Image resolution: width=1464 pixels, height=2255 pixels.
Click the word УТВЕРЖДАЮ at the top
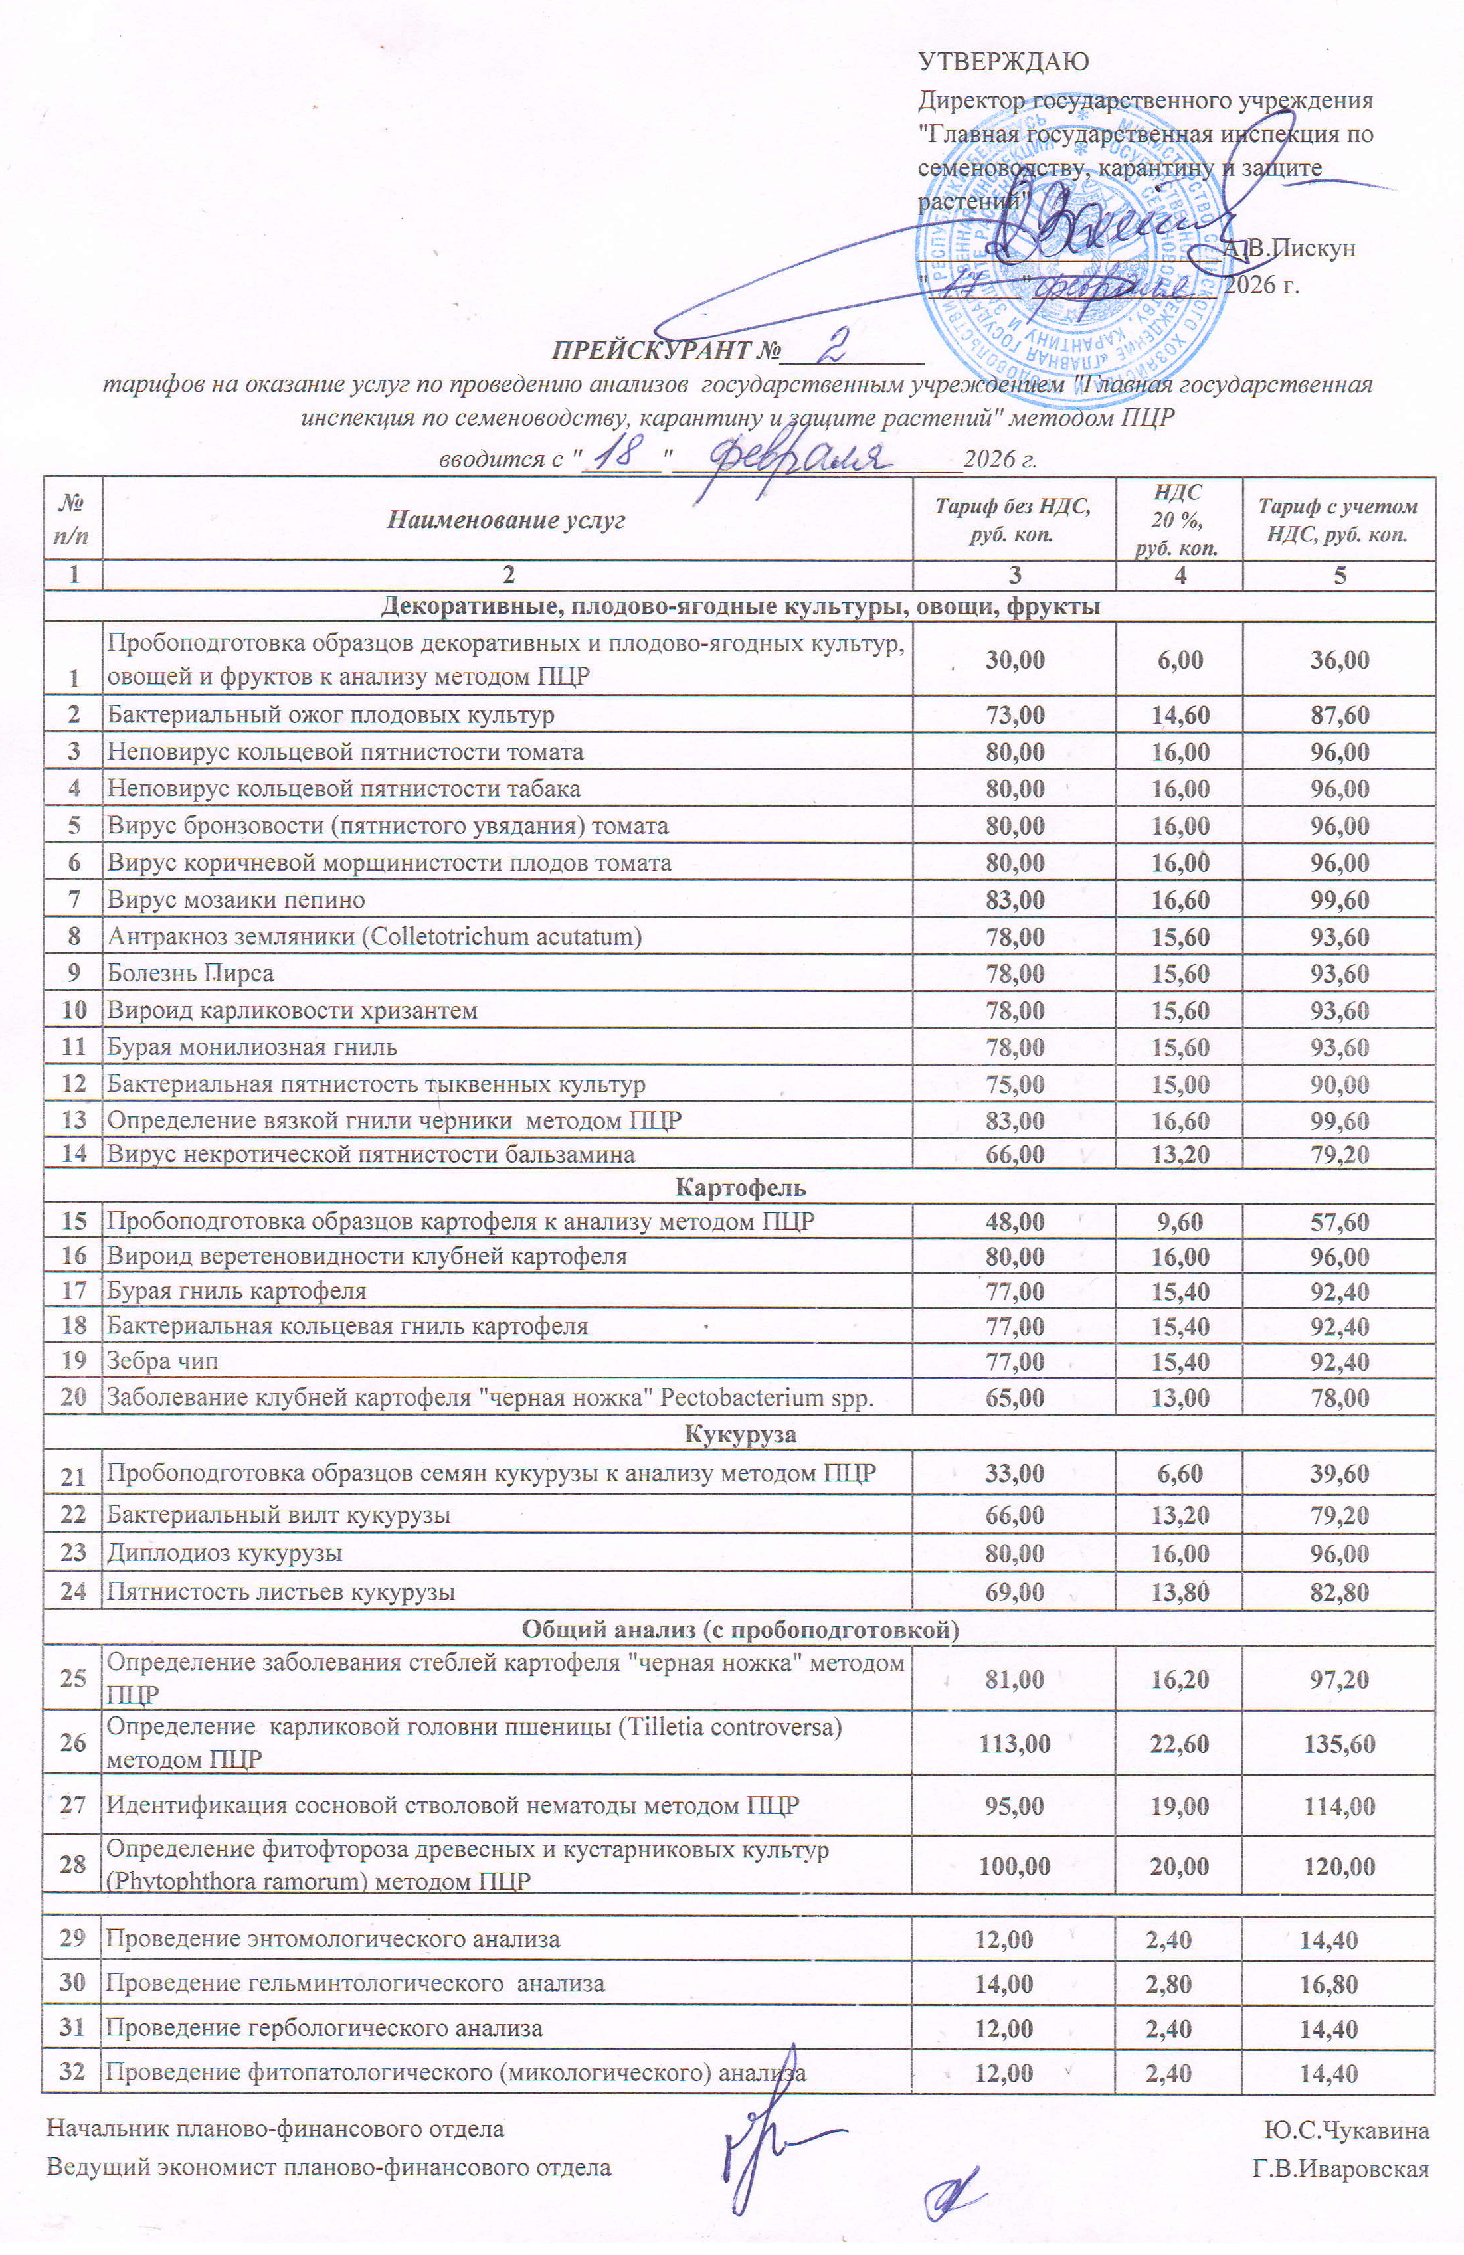coord(1004,62)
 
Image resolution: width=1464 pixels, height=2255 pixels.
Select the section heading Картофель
coord(739,1187)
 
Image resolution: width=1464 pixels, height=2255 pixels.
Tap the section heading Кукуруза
coord(739,1434)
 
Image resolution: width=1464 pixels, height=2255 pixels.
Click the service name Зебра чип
coord(162,1361)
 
